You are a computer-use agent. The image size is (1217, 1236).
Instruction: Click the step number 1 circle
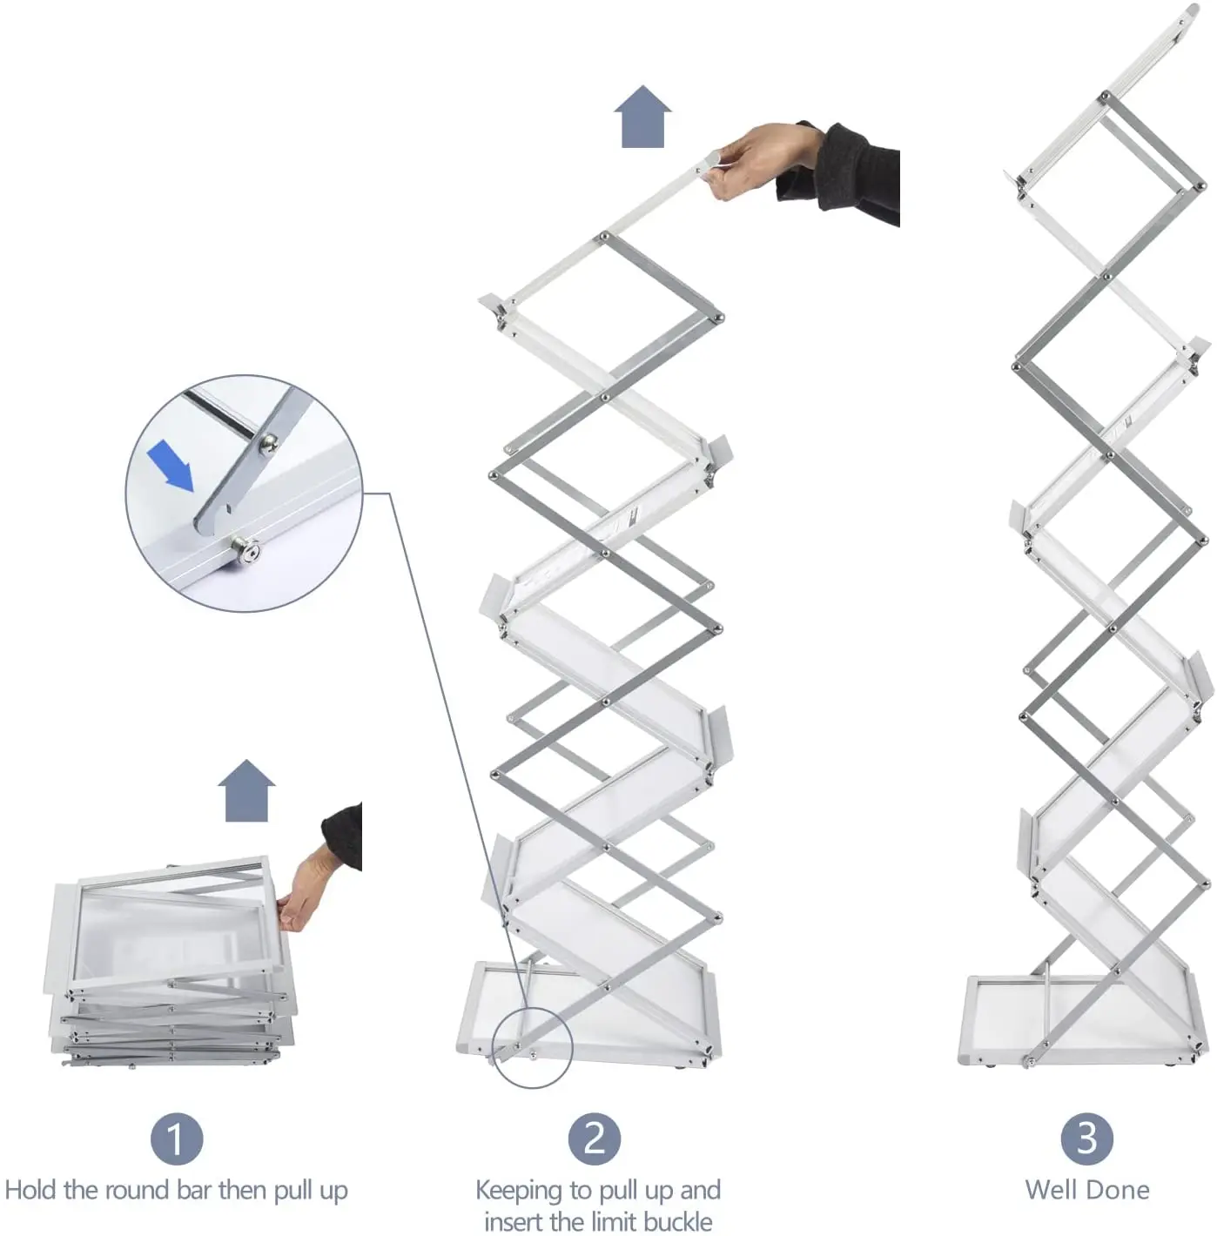pyautogui.click(x=176, y=1139)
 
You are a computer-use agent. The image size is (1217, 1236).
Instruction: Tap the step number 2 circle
pyautogui.click(x=595, y=1139)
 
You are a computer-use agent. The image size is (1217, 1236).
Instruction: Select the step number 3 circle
pyautogui.click(x=1086, y=1139)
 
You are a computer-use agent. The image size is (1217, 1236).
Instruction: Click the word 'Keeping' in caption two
pyautogui.click(x=519, y=1191)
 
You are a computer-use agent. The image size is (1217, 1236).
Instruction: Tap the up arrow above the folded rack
pyautogui.click(x=248, y=790)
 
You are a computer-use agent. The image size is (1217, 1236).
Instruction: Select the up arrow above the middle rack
pyautogui.click(x=642, y=117)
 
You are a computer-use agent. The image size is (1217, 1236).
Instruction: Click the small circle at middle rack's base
pyautogui.click(x=532, y=1046)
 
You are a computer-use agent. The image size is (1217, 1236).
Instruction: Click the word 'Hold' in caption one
pyautogui.click(x=29, y=1190)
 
